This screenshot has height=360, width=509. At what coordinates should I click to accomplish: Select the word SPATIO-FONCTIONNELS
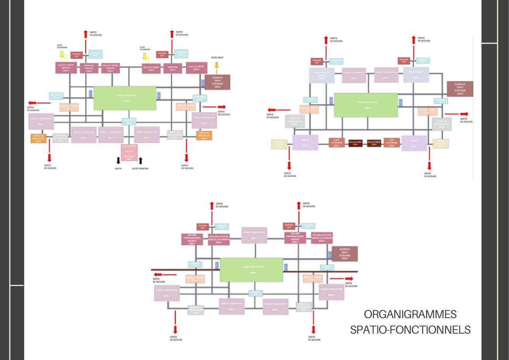click(x=410, y=330)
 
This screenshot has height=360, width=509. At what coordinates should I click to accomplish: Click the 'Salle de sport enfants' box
click(x=66, y=67)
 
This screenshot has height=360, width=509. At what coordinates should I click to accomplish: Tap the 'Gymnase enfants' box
click(x=90, y=68)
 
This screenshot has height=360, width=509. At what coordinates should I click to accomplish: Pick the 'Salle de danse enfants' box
click(x=110, y=68)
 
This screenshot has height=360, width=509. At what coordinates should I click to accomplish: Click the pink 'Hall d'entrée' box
click(x=129, y=152)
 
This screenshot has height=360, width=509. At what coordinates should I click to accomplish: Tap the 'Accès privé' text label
click(x=217, y=57)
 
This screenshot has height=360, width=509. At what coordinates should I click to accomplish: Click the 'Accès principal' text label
click(x=140, y=168)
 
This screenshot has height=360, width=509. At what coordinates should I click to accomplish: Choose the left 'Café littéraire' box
click(x=336, y=143)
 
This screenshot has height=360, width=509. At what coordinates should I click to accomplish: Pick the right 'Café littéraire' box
click(x=392, y=143)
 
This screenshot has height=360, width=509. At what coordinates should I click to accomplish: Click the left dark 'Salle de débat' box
click(x=355, y=143)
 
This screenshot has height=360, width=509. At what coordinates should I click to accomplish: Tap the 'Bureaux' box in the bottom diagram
click(x=345, y=253)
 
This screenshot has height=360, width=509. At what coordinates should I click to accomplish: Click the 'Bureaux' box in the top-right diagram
click(x=460, y=88)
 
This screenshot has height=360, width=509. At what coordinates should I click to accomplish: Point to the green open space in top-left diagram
click(x=125, y=98)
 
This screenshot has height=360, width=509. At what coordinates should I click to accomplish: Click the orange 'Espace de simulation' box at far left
click(x=38, y=138)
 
